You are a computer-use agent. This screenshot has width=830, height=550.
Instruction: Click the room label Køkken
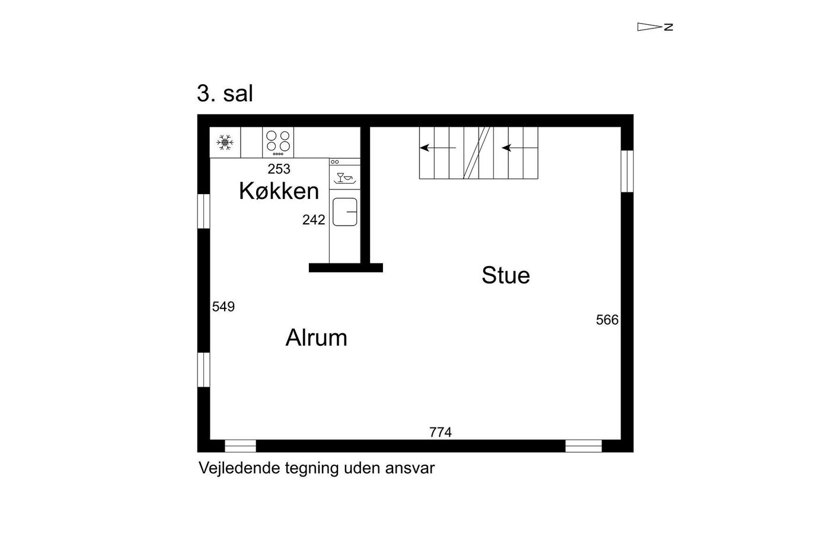(279, 191)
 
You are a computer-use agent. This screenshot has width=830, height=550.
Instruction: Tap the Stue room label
(505, 275)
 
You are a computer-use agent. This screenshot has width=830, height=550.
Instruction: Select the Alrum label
(316, 338)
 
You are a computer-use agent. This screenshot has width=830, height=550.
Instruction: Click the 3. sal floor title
(225, 94)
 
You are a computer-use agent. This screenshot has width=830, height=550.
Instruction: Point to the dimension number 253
(279, 169)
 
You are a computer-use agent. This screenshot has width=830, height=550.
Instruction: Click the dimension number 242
(314, 220)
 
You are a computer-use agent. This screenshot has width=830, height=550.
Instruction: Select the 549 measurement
(224, 307)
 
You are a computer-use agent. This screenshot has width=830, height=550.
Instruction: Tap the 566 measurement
(607, 320)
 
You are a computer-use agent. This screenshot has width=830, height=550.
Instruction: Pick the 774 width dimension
(440, 432)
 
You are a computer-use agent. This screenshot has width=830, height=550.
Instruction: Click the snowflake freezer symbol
(225, 142)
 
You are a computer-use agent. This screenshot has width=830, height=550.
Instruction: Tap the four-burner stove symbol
(278, 142)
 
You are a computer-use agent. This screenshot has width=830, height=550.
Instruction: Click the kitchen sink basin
(344, 212)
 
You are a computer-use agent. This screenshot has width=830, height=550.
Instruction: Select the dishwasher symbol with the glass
(344, 177)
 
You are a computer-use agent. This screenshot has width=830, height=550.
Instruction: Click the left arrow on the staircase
(438, 147)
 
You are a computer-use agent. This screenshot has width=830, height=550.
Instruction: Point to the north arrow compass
(654, 27)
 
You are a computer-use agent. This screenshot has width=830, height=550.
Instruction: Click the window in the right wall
(627, 171)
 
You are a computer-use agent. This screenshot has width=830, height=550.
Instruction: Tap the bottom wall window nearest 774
(583, 446)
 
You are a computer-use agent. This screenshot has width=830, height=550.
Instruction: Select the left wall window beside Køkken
(203, 211)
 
